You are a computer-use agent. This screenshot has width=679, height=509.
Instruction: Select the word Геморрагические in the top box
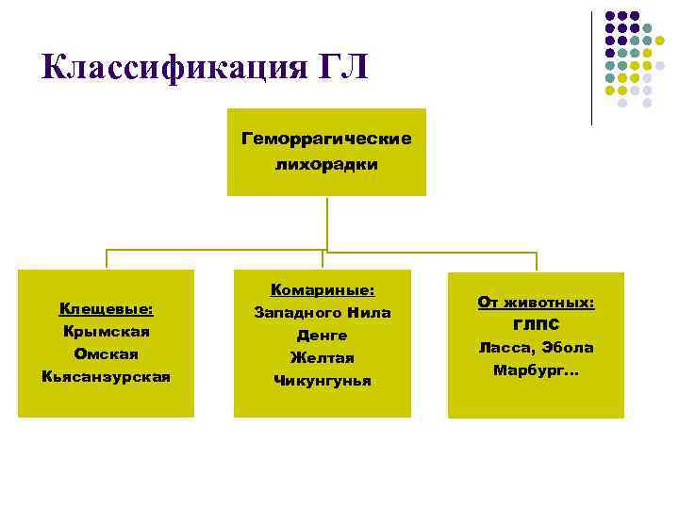tap(326, 140)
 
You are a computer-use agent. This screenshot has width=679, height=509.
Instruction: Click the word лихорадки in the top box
tap(326, 164)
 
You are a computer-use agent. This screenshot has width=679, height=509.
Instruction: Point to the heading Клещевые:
tap(107, 308)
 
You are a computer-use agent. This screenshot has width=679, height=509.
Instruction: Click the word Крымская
tap(107, 331)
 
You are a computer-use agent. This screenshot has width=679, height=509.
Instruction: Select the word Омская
tap(107, 353)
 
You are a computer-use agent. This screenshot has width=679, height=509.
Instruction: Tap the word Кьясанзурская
tap(107, 376)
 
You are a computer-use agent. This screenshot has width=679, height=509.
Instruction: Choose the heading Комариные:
tap(323, 289)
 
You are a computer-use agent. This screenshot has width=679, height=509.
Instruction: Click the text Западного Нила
tap(323, 312)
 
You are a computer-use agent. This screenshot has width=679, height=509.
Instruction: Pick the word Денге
tap(323, 335)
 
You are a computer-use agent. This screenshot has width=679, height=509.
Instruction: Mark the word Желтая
tap(323, 357)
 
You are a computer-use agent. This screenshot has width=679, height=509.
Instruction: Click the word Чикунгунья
tap(323, 381)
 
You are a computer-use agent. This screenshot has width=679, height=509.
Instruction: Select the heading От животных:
tap(536, 303)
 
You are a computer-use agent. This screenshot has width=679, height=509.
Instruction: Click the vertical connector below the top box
tap(326, 222)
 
